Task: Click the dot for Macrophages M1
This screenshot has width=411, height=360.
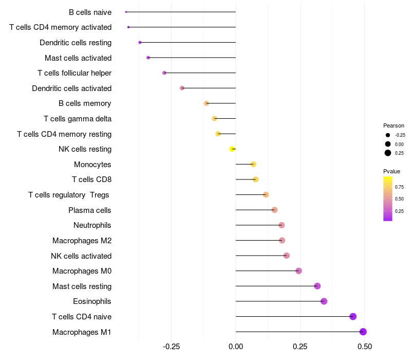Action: pyautogui.click(x=363, y=332)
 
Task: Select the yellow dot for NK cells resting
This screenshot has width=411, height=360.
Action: pyautogui.click(x=232, y=149)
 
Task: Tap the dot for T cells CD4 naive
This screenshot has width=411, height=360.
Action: pyautogui.click(x=353, y=316)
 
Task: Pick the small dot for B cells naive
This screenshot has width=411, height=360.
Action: pyautogui.click(x=126, y=12)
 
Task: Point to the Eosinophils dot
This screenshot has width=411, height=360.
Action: pyautogui.click(x=324, y=301)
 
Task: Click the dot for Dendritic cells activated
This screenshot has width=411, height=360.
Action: pyautogui.click(x=182, y=88)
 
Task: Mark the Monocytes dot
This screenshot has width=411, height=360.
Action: pyautogui.click(x=253, y=165)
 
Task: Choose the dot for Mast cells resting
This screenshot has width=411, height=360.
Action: pyautogui.click(x=317, y=286)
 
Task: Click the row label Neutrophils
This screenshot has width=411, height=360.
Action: pyautogui.click(x=92, y=225)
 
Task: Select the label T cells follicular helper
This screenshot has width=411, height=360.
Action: pyautogui.click(x=74, y=73)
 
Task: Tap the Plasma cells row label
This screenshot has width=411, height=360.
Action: pyautogui.click(x=90, y=210)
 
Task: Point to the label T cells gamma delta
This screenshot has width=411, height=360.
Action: pyautogui.click(x=78, y=119)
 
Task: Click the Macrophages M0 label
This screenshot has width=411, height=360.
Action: pyautogui.click(x=82, y=271)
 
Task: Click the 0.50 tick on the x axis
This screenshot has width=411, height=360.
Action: pyautogui.click(x=364, y=347)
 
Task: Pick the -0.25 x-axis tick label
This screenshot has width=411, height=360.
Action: pyautogui.click(x=171, y=347)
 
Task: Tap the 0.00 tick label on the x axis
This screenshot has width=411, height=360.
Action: pyautogui.click(x=235, y=347)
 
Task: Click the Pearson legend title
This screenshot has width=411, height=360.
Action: pyautogui.click(x=394, y=125)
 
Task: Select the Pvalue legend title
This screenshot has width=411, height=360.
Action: pyautogui.click(x=391, y=171)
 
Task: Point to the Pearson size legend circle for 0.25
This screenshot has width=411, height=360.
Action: pyautogui.click(x=388, y=153)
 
